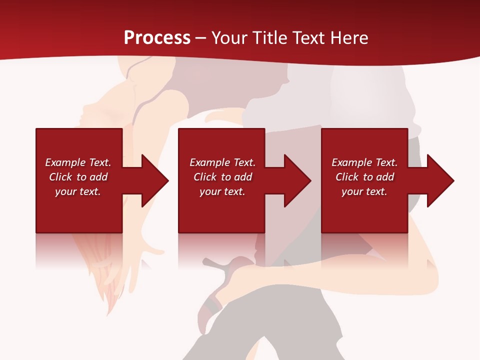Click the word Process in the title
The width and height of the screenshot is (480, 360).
coord(157,38)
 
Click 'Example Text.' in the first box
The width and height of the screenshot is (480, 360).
coord(78,162)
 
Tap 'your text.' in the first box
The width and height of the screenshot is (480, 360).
coord(78,191)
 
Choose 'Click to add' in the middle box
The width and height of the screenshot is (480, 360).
coord(222,177)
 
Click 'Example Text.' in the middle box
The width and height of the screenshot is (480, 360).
coord(222,162)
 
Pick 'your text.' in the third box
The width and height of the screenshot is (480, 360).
coord(364,191)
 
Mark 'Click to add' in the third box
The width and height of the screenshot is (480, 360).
coord(364,177)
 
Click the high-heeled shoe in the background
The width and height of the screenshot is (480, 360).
coord(220,290)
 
